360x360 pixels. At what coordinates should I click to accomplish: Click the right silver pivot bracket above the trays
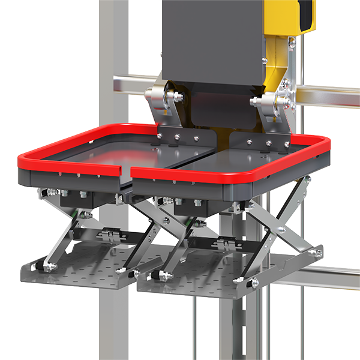pyautogui.click(x=273, y=102)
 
